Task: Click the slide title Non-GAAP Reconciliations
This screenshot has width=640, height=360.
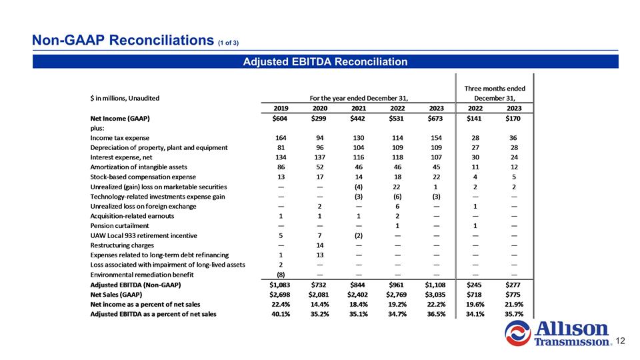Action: tap(123, 40)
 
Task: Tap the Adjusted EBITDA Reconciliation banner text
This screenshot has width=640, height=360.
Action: tap(325, 61)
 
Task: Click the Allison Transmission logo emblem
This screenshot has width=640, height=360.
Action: tap(517, 333)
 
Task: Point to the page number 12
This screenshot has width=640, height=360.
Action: tap(620, 341)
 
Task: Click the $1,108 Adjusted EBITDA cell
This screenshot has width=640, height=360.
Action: tap(435, 285)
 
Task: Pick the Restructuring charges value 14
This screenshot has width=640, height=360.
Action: tap(319, 245)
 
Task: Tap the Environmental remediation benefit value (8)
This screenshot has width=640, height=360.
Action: tap(281, 275)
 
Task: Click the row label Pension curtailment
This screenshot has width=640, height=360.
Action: tap(119, 226)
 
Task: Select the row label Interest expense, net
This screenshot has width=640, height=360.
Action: tap(121, 157)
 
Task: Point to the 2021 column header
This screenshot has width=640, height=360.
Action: tap(359, 108)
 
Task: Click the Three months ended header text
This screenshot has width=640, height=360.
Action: tap(495, 88)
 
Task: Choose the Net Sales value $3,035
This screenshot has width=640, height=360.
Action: tap(435, 295)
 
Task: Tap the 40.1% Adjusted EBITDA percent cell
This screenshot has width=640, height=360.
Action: tap(281, 314)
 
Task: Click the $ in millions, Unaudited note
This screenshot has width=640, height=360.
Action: tap(125, 99)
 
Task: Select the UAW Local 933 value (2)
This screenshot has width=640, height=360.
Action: tap(359, 235)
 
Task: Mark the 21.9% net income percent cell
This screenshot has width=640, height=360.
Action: tap(514, 305)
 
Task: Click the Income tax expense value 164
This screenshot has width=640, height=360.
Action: tap(281, 138)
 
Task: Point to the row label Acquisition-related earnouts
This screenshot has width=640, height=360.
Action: tap(132, 216)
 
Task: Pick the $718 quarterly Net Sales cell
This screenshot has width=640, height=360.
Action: tap(474, 295)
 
